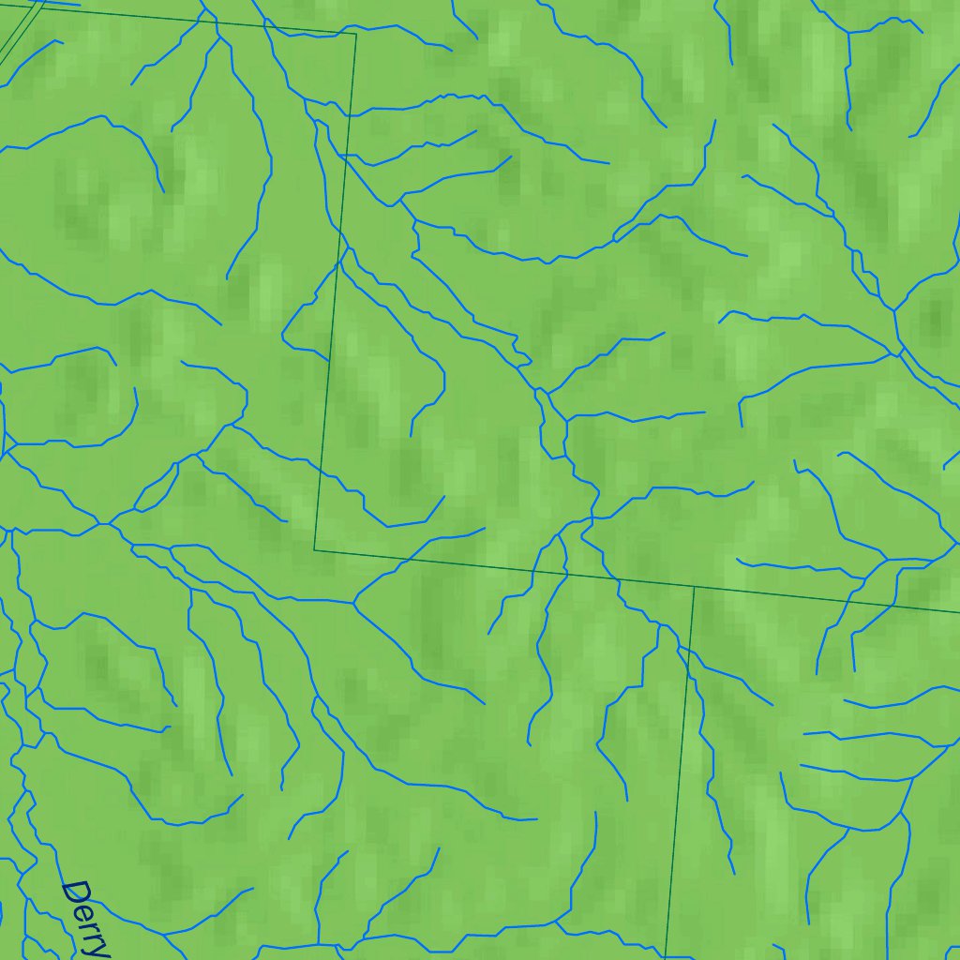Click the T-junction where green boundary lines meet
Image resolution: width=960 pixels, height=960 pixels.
click(x=693, y=587)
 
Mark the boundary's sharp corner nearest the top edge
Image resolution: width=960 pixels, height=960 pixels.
click(x=355, y=34)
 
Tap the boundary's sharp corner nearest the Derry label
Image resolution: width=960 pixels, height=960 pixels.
click(x=315, y=549)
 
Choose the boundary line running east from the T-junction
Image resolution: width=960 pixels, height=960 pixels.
click(x=825, y=600)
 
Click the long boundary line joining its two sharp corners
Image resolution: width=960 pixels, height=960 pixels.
click(x=336, y=291)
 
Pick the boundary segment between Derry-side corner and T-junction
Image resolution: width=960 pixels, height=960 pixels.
click(x=506, y=568)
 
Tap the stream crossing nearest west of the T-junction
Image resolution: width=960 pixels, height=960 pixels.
click(x=618, y=580)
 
